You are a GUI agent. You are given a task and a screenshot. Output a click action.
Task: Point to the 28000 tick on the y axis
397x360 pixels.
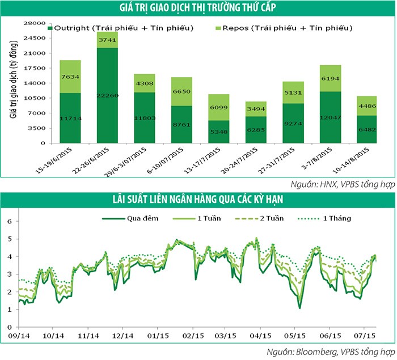tap(35, 23)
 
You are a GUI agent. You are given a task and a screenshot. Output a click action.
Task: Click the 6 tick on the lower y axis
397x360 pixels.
tap(9, 221)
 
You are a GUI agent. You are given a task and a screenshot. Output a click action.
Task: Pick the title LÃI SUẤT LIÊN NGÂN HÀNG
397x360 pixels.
tap(198, 199)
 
